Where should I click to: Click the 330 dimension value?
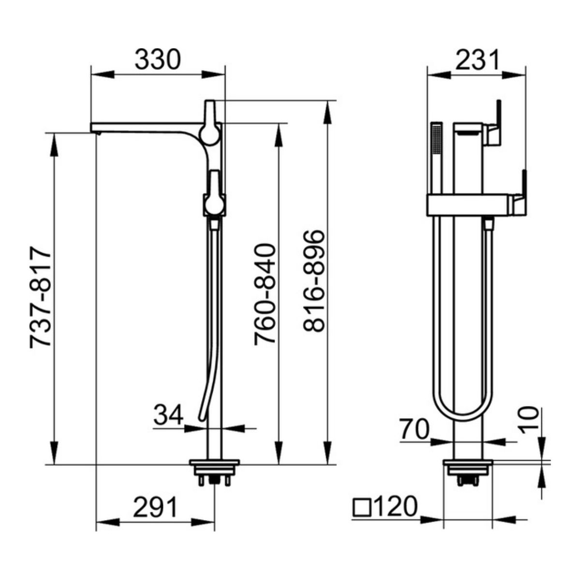click(158, 59)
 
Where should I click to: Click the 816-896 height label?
click(314, 281)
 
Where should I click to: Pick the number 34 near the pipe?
click(168, 414)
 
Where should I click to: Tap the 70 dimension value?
click(414, 430)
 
